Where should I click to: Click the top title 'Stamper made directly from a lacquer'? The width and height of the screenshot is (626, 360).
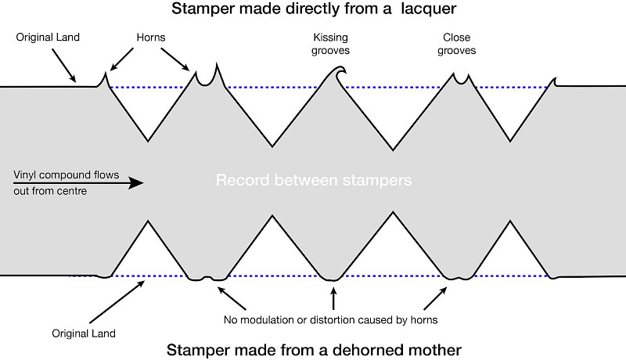pyautogui.click(x=313, y=12)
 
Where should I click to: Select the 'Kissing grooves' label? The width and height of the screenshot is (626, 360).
pyautogui.click(x=330, y=44)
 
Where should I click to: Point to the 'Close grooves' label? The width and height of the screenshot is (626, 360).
pyautogui.click(x=458, y=44)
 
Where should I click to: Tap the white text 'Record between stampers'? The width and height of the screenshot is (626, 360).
pyautogui.click(x=314, y=181)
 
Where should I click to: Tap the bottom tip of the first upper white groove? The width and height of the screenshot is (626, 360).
pyautogui.click(x=149, y=141)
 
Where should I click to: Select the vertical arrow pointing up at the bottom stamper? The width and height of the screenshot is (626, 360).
pyautogui.click(x=334, y=299)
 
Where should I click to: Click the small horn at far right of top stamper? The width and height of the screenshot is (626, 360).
pyautogui.click(x=555, y=81)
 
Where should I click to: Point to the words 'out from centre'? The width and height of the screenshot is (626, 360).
pyautogui.click(x=49, y=191)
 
